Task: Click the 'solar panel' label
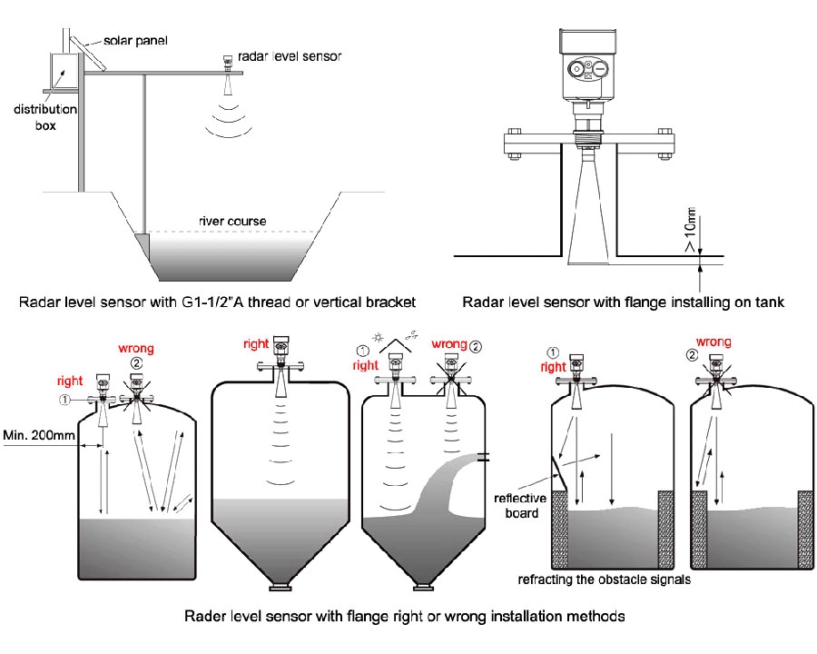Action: coord(135,41)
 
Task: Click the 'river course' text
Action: coord(232,221)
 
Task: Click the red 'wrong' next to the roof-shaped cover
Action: coord(448,344)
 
